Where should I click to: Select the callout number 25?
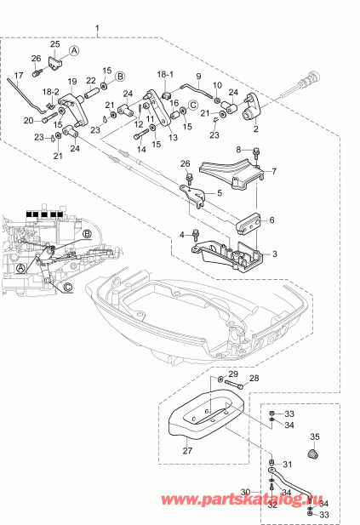[x=55, y=43]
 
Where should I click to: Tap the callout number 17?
[x=19, y=75]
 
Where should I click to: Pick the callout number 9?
[x=197, y=76]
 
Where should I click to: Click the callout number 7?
[x=274, y=172]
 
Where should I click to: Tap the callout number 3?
[x=274, y=254]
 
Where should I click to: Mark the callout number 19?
[x=72, y=82]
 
